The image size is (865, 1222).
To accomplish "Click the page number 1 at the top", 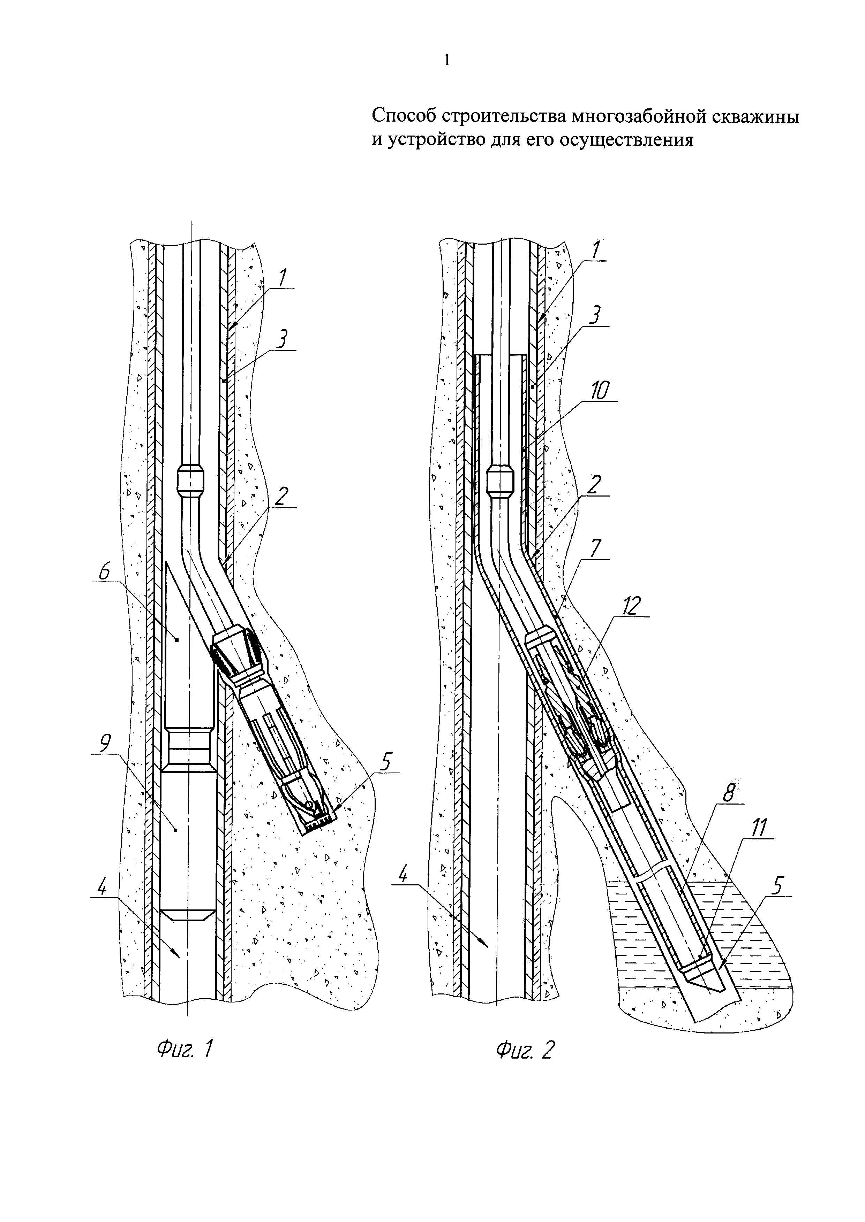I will pyautogui.click(x=446, y=61).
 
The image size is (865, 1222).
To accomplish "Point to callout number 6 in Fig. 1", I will pyautogui.click(x=104, y=573).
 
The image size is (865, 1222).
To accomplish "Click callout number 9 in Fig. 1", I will pyautogui.click(x=105, y=744).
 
